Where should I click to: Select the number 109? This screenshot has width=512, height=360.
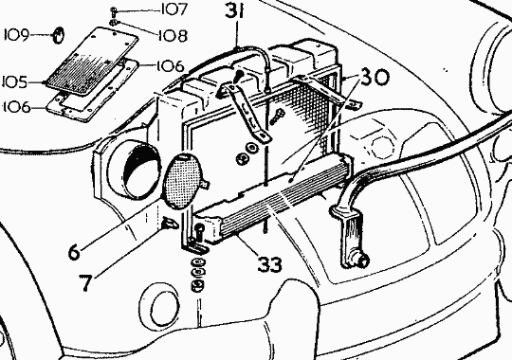pyautogui.click(x=18, y=36)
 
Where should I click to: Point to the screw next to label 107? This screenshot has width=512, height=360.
pyautogui.click(x=114, y=11)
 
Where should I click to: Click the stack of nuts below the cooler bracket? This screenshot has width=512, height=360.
pyautogui.click(x=195, y=282)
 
